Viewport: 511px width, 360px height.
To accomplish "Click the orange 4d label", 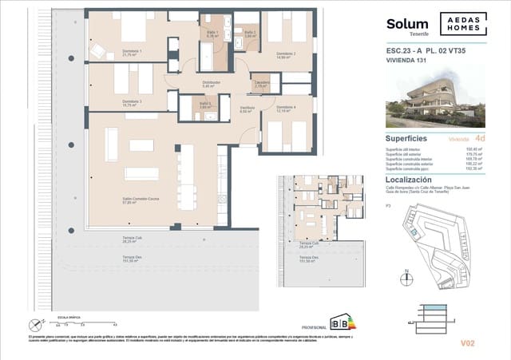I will [479, 138].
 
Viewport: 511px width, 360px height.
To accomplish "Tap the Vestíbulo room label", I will [247, 109].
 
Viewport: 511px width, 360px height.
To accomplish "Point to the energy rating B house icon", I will [339, 323].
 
